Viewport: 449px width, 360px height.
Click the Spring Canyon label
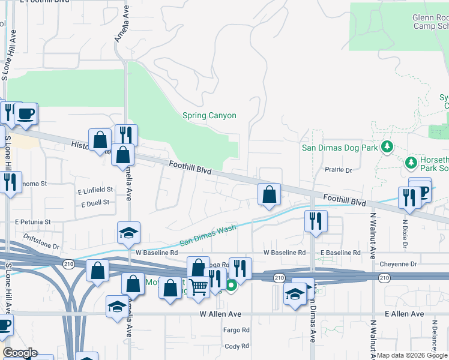coord(209,116)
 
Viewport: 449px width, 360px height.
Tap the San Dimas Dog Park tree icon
coord(387,146)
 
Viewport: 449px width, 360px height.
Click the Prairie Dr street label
coord(338,170)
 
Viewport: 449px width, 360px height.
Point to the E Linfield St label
coord(95,190)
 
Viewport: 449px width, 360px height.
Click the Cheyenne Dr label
coord(398,264)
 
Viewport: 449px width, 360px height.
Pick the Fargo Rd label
coord(237,330)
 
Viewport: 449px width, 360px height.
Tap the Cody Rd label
coord(237,346)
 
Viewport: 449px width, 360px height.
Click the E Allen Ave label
coord(405,314)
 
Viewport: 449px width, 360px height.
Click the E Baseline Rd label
coord(340,253)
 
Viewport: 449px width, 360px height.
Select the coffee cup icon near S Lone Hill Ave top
coord(25,113)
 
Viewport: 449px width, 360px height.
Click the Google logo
coord(20,353)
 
